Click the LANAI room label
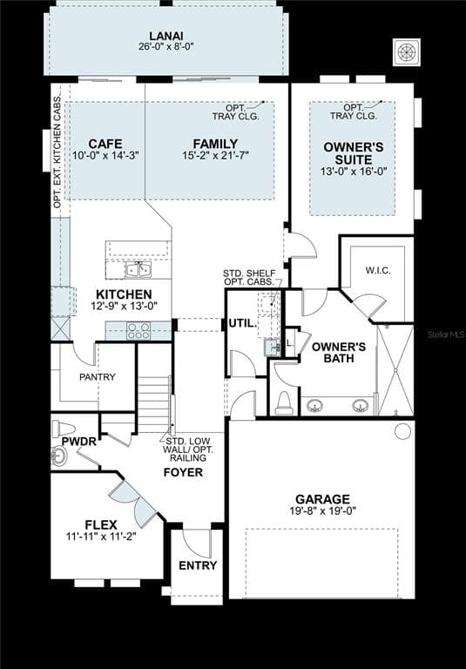[165, 35]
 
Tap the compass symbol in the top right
[406, 51]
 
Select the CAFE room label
[105, 143]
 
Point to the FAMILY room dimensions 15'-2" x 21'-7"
[216, 155]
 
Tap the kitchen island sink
[138, 269]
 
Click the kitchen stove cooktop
[138, 330]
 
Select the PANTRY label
[97, 377]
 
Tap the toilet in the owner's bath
[284, 402]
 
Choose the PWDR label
[78, 442]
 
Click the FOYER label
[183, 472]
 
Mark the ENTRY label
[198, 565]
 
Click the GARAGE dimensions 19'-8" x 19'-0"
[321, 510]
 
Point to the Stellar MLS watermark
[444, 334]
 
